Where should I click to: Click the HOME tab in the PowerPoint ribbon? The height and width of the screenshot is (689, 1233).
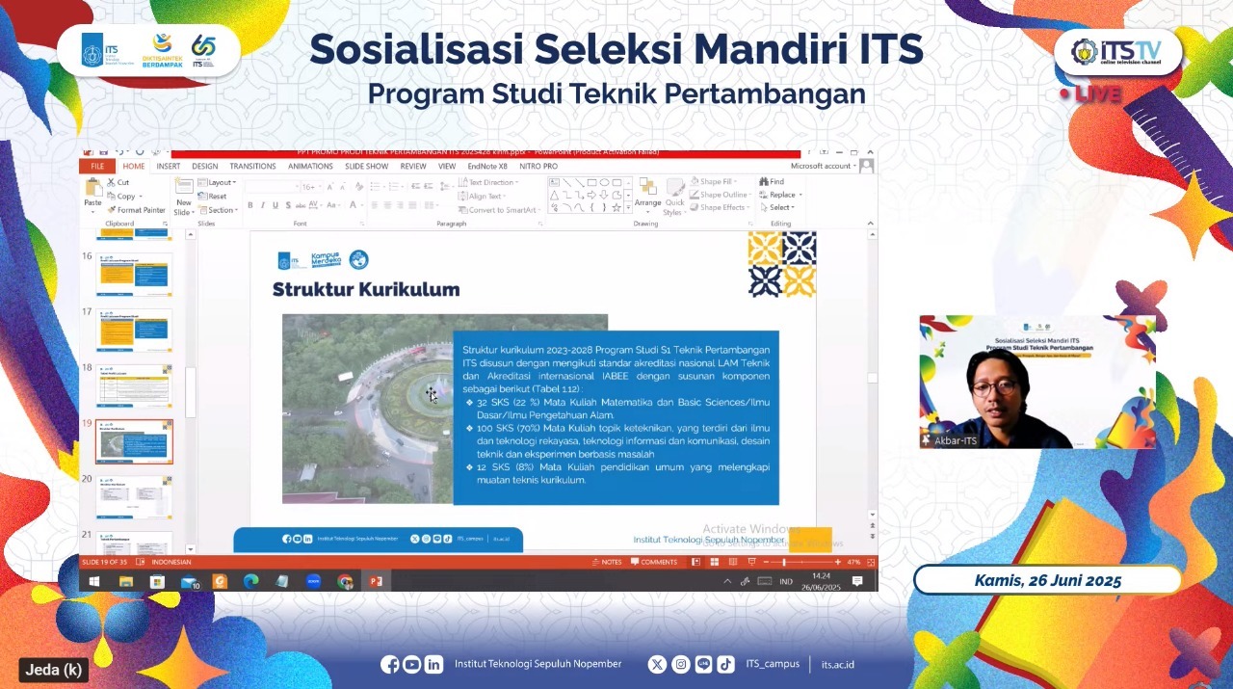[x=134, y=166]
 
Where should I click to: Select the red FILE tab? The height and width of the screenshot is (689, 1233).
[x=97, y=166]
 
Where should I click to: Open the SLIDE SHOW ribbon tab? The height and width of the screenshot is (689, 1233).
[x=366, y=166]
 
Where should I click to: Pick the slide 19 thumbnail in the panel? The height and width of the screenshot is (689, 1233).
[x=134, y=441]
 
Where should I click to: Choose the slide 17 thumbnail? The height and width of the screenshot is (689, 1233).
[x=134, y=331]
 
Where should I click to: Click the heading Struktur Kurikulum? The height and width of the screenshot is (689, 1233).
[x=366, y=289]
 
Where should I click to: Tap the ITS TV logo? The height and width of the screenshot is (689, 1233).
[x=1116, y=51]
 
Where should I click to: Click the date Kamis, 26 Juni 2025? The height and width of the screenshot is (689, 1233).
[x=1047, y=580]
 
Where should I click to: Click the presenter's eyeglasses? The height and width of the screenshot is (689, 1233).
[x=993, y=387]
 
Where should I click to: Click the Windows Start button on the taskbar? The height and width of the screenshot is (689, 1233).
[x=94, y=581]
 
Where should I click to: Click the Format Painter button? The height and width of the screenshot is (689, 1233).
[x=141, y=209]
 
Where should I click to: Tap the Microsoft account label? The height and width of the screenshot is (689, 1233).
[x=821, y=166]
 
